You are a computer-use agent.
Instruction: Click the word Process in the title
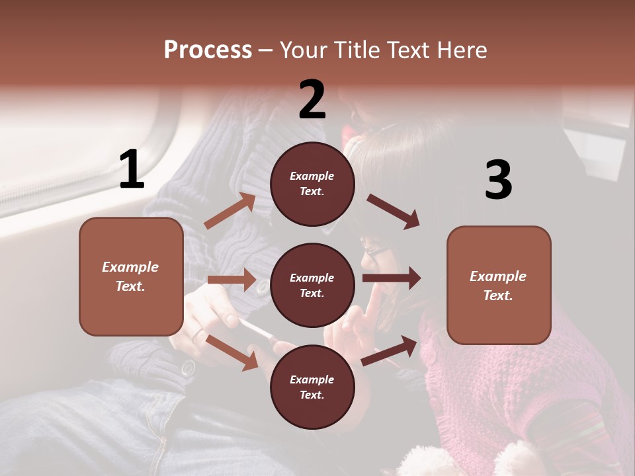click(x=208, y=50)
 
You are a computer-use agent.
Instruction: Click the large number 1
click(x=132, y=170)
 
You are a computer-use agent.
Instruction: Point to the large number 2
click(x=312, y=100)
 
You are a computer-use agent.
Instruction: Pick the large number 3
click(x=498, y=180)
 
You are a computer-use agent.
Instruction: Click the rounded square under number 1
click(x=131, y=276)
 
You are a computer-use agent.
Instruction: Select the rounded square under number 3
click(x=499, y=285)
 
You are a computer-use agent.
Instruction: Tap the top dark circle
click(x=312, y=184)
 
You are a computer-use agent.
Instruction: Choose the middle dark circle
click(x=312, y=286)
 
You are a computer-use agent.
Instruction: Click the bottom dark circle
click(x=312, y=387)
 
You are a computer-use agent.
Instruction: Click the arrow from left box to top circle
click(x=230, y=211)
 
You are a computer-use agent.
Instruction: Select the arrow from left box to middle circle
click(x=232, y=280)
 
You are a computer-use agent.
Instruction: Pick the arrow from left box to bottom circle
click(x=232, y=352)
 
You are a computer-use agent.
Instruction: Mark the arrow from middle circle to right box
click(x=391, y=278)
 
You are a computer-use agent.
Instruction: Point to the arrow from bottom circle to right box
click(x=390, y=350)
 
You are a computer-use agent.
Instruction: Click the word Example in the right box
click(x=498, y=276)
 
